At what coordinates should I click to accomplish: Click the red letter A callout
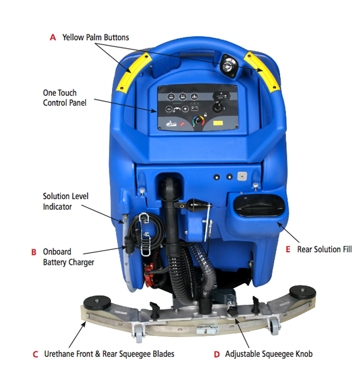53,37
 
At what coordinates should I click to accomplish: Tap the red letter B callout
34,252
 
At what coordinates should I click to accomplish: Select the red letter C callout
35,354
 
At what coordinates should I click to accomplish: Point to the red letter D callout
217,354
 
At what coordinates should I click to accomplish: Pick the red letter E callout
288,249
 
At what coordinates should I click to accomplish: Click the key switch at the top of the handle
229,65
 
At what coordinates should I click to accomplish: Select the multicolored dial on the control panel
198,121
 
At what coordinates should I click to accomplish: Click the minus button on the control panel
168,109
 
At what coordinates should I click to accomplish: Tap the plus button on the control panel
185,109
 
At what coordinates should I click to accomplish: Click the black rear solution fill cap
259,205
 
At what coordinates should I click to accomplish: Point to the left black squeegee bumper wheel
97,302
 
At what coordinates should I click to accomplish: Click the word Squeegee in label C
135,354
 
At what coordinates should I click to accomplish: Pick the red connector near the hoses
149,275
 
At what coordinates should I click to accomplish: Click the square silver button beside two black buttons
242,176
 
